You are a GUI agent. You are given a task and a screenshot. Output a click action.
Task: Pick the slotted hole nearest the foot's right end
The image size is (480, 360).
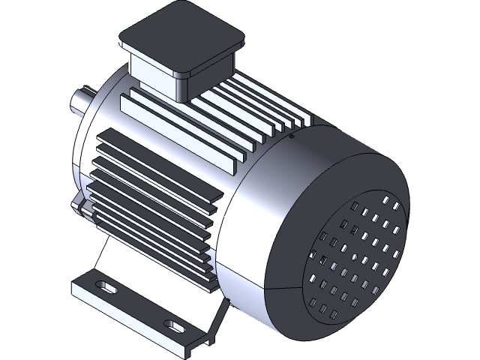tap(178, 325)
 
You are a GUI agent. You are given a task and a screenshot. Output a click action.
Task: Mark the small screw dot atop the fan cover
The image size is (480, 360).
tap(291, 137)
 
